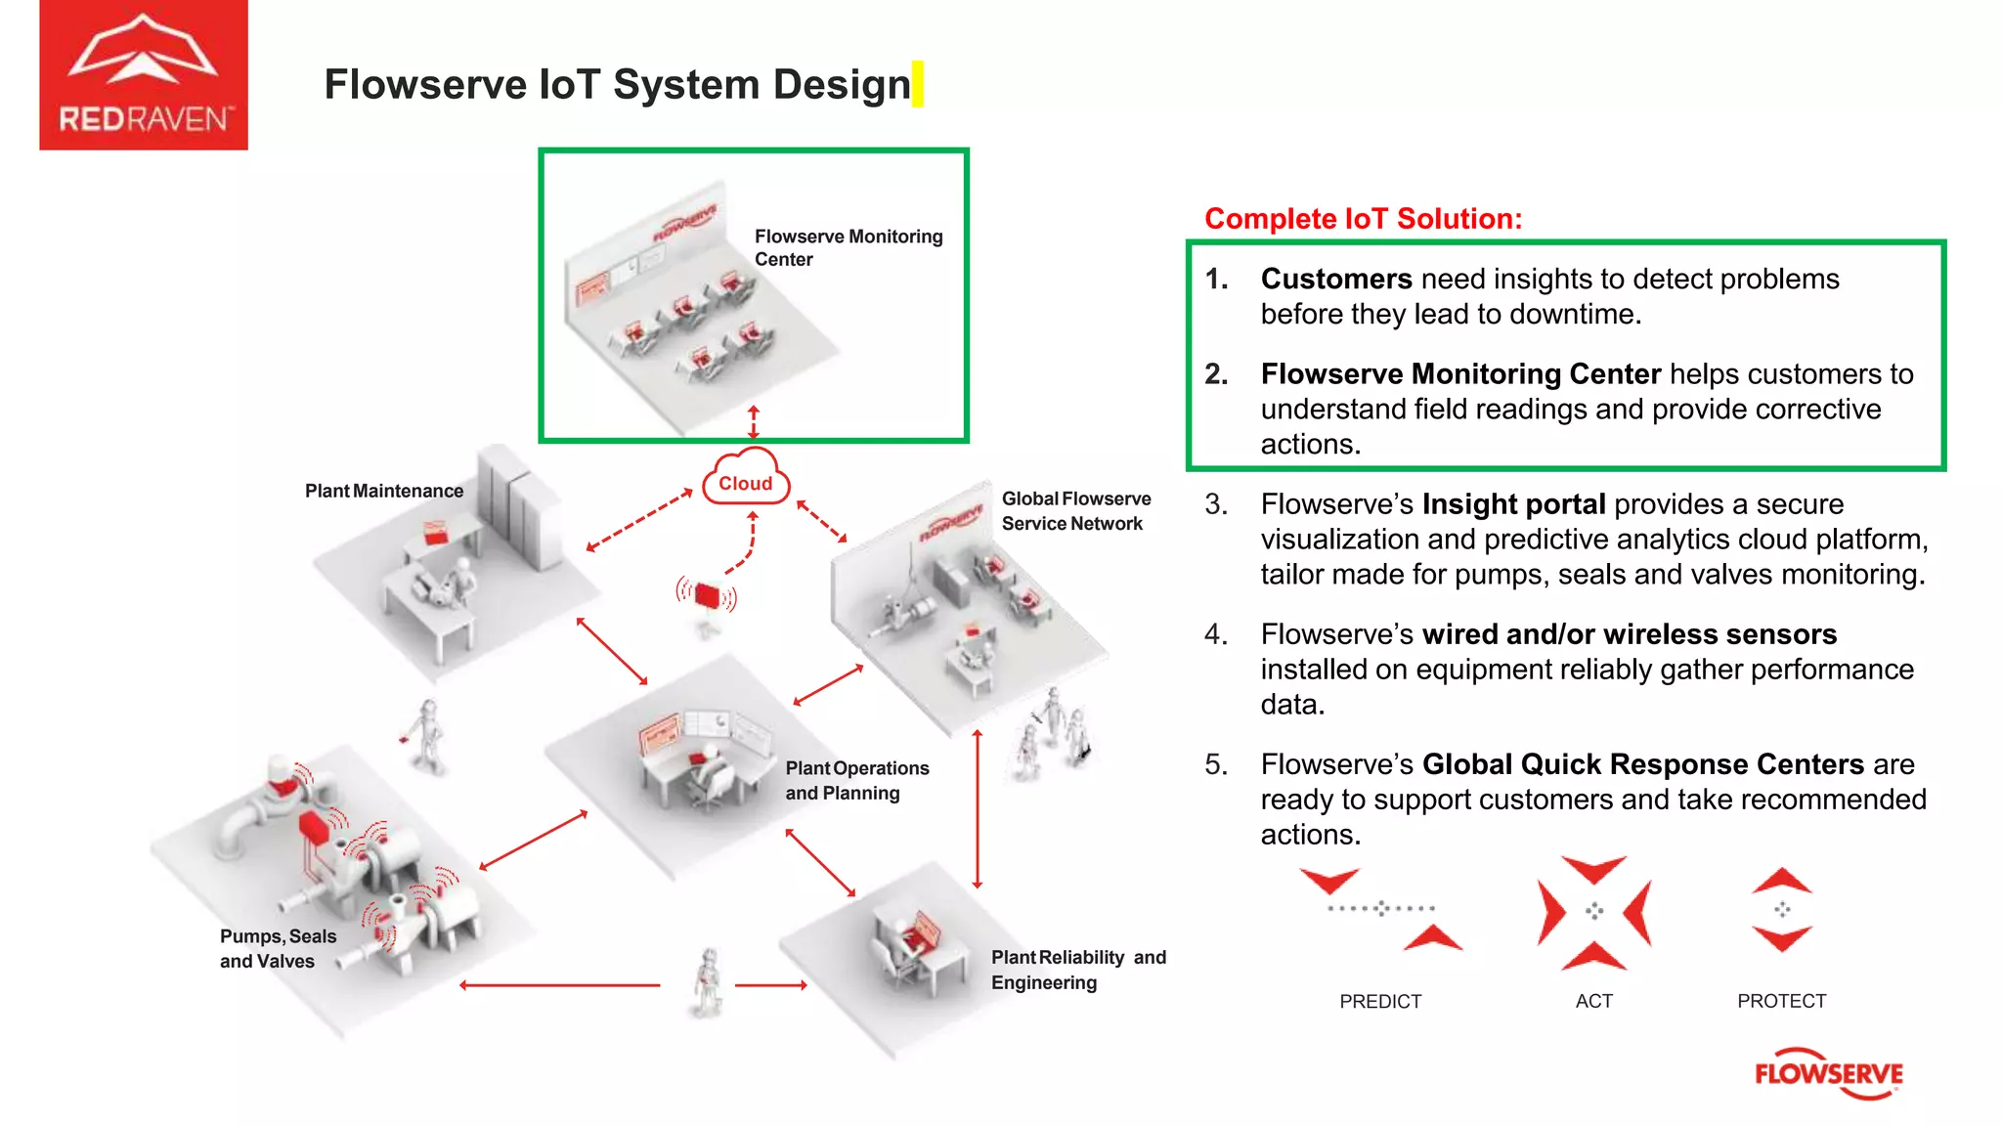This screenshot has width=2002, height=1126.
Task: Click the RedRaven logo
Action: point(143,75)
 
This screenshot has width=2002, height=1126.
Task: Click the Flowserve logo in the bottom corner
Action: point(1828,1073)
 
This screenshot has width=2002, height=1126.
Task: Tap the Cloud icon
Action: point(746,479)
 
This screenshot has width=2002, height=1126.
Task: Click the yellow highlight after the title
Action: point(917,84)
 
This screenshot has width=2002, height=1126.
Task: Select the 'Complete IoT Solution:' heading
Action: point(1363,218)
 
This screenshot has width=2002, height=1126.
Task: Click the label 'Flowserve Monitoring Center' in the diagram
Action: point(848,247)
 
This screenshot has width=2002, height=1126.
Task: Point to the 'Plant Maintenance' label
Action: point(383,491)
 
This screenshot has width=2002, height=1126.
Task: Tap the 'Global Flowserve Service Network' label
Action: point(1075,511)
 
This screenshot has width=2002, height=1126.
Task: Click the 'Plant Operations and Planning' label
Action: point(856,780)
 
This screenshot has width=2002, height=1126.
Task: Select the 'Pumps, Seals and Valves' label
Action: point(278,948)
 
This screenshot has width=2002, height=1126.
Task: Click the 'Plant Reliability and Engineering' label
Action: point(1077,970)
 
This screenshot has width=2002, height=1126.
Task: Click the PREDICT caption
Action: point(1379,1001)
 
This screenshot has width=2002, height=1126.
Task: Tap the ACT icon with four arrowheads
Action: point(1593,912)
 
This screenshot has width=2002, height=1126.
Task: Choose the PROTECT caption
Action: point(1781,1001)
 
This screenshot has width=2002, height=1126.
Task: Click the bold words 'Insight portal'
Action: point(1513,504)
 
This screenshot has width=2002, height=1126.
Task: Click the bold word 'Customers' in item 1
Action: point(1335,280)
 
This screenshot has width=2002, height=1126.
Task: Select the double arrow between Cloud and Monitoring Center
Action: point(753,422)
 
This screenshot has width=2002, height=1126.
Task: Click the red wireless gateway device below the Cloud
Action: point(707,595)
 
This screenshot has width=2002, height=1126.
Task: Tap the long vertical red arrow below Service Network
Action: point(977,808)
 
